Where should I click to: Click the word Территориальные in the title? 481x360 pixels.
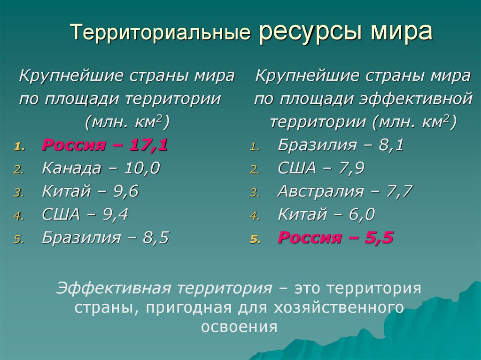(x=159, y=34)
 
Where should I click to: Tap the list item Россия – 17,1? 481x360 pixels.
(x=105, y=145)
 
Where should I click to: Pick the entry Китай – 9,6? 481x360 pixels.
(x=90, y=191)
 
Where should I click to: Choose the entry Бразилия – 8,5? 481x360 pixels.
(x=105, y=238)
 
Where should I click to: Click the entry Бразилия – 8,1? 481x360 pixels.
(x=341, y=145)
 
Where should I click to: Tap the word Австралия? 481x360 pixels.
(x=320, y=191)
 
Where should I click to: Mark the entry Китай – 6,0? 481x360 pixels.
(x=326, y=215)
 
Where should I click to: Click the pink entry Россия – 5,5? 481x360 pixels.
(x=335, y=238)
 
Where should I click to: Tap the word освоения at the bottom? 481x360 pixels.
(x=240, y=326)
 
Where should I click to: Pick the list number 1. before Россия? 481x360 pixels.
(x=17, y=147)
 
